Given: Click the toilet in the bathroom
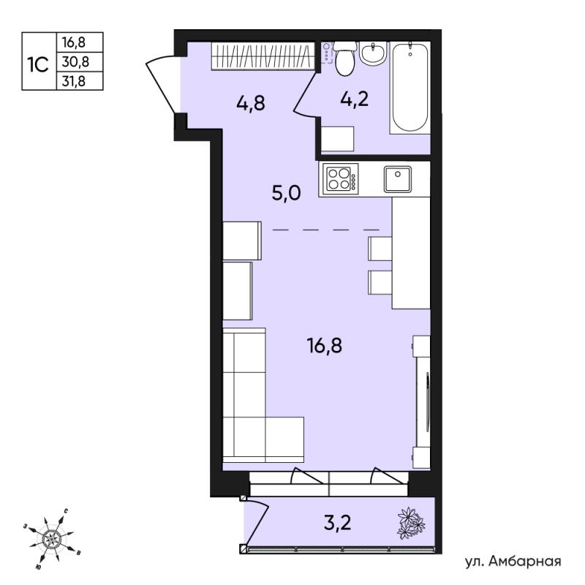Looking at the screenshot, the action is pos(344,58).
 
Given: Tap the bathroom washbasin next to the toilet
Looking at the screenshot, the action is pos(373,53).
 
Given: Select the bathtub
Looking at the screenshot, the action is pos(409,88).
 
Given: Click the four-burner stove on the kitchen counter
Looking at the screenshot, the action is pos(340,178).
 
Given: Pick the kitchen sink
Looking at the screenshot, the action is pos(398,179).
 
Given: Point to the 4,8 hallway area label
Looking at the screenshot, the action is pos(251,103).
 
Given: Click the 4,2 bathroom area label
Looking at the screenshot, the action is pos(354,99).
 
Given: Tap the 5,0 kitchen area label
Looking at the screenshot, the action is pos(286,194).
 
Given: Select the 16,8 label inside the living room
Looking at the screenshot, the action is pos(324,345).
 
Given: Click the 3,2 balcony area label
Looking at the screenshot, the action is pos(338,523).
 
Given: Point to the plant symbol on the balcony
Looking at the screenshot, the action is pos(411,523).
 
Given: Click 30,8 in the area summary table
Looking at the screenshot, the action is pos(76,61).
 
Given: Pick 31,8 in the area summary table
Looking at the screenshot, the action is pos(74,81).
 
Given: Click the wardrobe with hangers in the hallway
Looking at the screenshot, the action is pos(263,56).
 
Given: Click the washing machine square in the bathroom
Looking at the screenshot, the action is pos(337,139).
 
